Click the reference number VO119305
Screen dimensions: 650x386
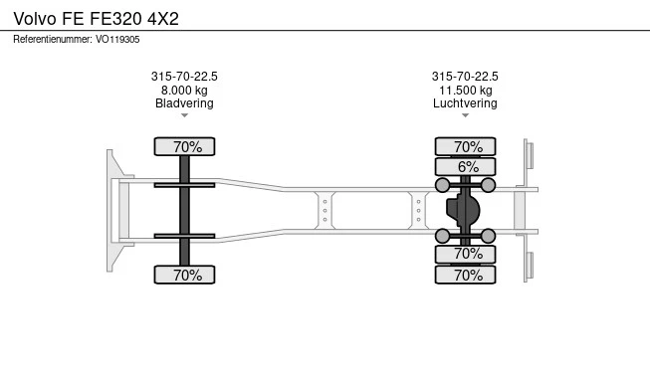click(117, 40)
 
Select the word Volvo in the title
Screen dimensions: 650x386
click(35, 19)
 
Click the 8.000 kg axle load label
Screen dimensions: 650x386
click(184, 91)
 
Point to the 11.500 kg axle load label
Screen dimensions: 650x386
click(466, 91)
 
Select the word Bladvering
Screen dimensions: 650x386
click(184, 103)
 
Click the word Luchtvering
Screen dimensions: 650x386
click(465, 103)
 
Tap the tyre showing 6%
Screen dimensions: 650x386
click(465, 167)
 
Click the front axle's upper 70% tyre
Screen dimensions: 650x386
click(184, 146)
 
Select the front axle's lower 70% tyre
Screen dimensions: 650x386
click(184, 275)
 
